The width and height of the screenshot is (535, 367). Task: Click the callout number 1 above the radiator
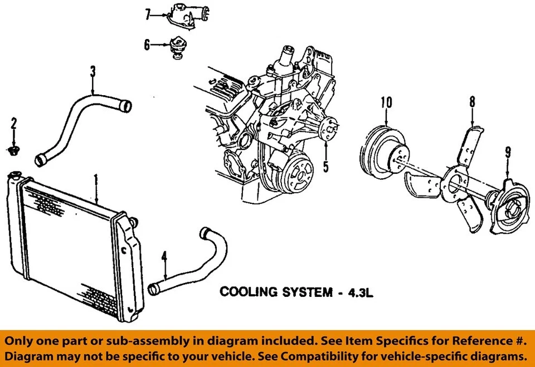click(96, 179)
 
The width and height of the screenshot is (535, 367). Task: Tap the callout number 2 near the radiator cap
click(14, 124)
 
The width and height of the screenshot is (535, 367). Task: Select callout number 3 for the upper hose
click(93, 71)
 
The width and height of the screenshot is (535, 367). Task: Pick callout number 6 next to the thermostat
click(147, 45)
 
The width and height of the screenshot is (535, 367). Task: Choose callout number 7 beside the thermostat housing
click(148, 14)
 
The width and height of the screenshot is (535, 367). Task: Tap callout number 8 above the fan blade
click(472, 102)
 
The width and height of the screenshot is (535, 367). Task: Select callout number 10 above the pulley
click(387, 102)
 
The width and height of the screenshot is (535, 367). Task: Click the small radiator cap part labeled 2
click(14, 150)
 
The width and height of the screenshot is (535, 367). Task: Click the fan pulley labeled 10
click(385, 150)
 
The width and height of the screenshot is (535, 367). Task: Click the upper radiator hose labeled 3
click(78, 123)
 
